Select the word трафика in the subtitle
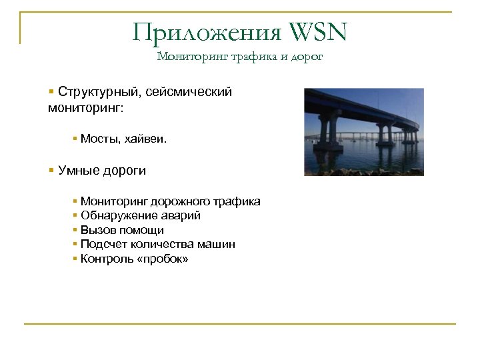[x=252, y=57]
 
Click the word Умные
[x=79, y=170]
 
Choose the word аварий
[x=179, y=215]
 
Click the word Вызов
[x=96, y=230]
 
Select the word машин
[x=217, y=245]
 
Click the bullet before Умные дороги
[x=51, y=170]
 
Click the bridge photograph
[x=363, y=132]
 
